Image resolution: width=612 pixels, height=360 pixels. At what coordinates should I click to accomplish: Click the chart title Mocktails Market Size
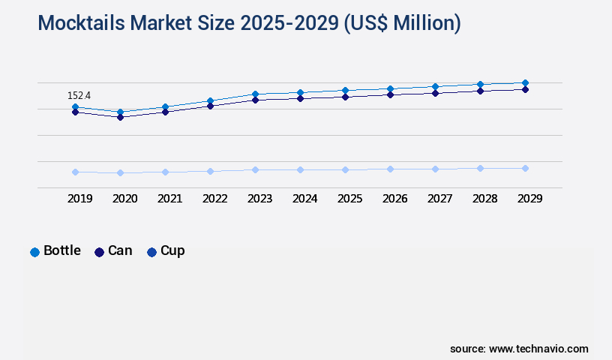click(249, 23)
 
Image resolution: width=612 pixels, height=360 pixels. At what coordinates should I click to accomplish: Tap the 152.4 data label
click(79, 95)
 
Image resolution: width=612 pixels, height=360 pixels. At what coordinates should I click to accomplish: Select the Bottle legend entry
click(55, 251)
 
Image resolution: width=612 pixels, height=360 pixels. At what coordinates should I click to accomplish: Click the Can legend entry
click(113, 251)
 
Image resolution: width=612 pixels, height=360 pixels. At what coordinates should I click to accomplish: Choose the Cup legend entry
click(166, 251)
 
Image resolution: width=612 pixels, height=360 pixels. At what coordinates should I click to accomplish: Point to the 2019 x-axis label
click(79, 199)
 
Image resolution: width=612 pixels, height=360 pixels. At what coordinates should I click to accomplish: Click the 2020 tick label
click(124, 199)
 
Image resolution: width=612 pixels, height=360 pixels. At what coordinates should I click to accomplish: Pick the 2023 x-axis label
click(259, 199)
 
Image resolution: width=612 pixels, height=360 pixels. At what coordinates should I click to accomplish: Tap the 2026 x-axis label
click(394, 199)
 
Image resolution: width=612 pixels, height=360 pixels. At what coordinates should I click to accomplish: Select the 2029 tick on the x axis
click(529, 199)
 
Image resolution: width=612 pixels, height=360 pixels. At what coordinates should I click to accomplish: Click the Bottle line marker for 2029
click(525, 82)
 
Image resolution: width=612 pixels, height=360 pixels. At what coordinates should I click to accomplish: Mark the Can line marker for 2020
click(120, 117)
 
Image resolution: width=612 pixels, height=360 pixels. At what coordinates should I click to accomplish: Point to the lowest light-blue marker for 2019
click(75, 172)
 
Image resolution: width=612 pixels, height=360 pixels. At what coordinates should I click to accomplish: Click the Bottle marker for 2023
click(255, 94)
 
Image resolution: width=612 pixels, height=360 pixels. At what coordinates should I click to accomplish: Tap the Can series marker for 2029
click(525, 89)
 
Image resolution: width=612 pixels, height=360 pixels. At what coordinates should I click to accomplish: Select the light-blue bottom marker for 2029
click(525, 168)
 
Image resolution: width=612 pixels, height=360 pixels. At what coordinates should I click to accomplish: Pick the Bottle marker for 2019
click(75, 107)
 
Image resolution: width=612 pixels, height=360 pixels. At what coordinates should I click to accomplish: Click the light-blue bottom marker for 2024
click(300, 169)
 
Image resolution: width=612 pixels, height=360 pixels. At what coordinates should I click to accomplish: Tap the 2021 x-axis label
click(169, 199)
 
